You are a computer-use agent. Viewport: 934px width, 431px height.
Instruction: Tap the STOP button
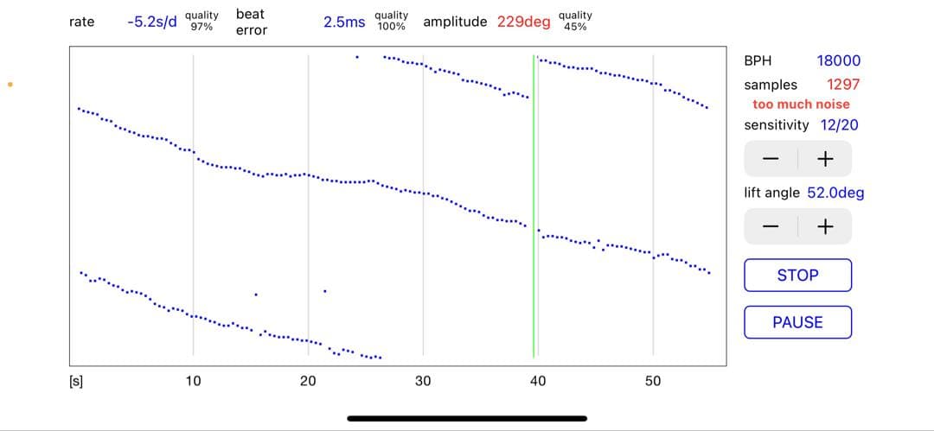pyautogui.click(x=797, y=275)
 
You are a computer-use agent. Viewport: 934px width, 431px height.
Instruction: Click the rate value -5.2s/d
pyautogui.click(x=152, y=22)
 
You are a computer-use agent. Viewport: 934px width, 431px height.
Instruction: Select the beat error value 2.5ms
pyautogui.click(x=344, y=22)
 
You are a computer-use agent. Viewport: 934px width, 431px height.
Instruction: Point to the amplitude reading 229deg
pyautogui.click(x=523, y=22)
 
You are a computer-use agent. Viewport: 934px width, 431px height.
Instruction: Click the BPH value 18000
pyautogui.click(x=839, y=60)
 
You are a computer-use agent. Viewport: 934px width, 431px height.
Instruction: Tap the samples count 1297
pyautogui.click(x=843, y=85)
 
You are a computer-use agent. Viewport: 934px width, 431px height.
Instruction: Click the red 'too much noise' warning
pyautogui.click(x=801, y=105)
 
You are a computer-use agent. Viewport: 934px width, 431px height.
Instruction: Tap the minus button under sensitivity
pyautogui.click(x=771, y=159)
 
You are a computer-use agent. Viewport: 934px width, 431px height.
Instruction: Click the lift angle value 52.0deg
pyautogui.click(x=835, y=193)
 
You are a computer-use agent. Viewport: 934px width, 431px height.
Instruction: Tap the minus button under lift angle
pyautogui.click(x=771, y=226)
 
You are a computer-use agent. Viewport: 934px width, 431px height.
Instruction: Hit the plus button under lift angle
pyautogui.click(x=825, y=226)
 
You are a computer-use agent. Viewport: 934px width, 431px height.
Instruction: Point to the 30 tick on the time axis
pyautogui.click(x=423, y=381)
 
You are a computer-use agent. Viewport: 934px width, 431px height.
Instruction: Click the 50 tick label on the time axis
pyautogui.click(x=653, y=381)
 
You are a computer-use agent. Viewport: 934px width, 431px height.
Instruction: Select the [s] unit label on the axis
pyautogui.click(x=76, y=382)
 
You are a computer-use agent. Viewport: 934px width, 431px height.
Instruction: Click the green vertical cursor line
pyautogui.click(x=534, y=206)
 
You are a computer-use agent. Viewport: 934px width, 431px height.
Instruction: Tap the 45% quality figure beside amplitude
pyautogui.click(x=575, y=27)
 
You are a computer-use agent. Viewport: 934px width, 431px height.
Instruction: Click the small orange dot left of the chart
pyautogui.click(x=10, y=85)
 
